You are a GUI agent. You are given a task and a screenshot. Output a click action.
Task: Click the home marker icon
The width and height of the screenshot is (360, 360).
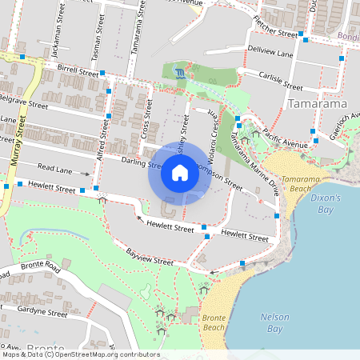[x=180, y=172]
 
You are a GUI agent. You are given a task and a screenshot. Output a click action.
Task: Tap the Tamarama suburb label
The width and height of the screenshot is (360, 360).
[x=316, y=105]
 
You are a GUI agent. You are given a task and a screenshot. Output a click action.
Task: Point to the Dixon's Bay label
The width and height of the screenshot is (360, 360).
[x=325, y=203]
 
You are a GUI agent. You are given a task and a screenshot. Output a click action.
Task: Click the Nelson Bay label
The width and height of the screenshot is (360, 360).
[x=275, y=322]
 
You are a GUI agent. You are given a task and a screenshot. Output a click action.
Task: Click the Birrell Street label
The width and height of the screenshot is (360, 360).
[x=78, y=70]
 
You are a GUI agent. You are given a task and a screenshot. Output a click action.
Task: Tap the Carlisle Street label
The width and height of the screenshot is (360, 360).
[x=281, y=81]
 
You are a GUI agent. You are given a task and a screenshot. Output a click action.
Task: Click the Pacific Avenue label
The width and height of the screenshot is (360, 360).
[x=285, y=133]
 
